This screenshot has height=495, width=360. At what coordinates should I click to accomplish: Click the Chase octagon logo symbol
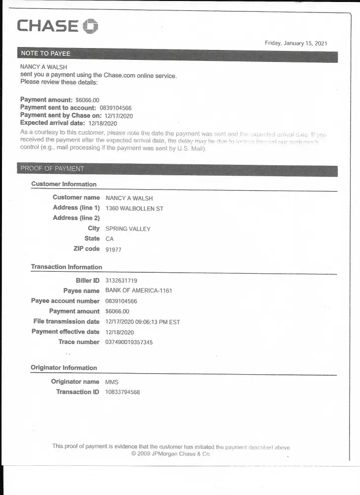coord(90,26)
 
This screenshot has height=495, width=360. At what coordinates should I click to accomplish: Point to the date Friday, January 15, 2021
coord(296,43)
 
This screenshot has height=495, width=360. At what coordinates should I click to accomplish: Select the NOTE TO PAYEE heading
coord(46,53)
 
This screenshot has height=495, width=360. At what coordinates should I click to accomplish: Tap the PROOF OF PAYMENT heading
coord(52,168)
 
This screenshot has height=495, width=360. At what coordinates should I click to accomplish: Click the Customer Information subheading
coord(64,184)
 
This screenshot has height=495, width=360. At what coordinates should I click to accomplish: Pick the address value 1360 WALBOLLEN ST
coord(134,208)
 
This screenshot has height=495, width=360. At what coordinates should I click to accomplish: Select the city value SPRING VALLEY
coord(128,229)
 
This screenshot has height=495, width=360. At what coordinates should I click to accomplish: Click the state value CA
coord(110,239)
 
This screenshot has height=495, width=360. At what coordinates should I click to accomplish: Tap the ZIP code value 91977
coord(113,249)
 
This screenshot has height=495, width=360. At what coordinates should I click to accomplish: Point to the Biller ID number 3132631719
coord(122,281)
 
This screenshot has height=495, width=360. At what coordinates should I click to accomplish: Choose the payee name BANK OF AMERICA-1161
coord(139,291)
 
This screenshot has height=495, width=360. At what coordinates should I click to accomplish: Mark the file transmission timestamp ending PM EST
coord(143,322)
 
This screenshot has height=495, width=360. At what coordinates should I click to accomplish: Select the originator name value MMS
coord(112,382)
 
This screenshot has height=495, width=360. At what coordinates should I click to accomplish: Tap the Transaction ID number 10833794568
coord(123,392)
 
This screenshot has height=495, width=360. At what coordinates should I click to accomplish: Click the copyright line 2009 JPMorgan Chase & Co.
coord(171,453)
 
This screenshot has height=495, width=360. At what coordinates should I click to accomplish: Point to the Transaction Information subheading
coord(66,267)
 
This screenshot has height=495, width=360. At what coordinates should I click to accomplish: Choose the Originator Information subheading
coord(64,368)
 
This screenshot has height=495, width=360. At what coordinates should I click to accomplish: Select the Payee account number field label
coord(65,301)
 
